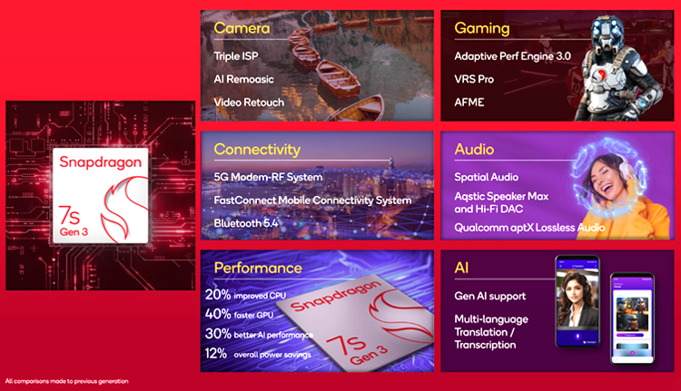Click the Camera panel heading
242,28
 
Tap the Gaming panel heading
481,29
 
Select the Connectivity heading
257,150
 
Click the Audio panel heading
474,150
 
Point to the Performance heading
258,268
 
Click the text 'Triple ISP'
236,56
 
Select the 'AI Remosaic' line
243,80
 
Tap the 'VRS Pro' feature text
474,80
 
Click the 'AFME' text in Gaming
469,103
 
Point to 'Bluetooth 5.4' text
246,223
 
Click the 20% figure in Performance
218,294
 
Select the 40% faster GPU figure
218,314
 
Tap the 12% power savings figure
216,353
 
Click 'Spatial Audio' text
487,177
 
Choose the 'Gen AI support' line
490,297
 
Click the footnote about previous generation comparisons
67,381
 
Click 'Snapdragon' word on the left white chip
100,162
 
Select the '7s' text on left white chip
70,214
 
